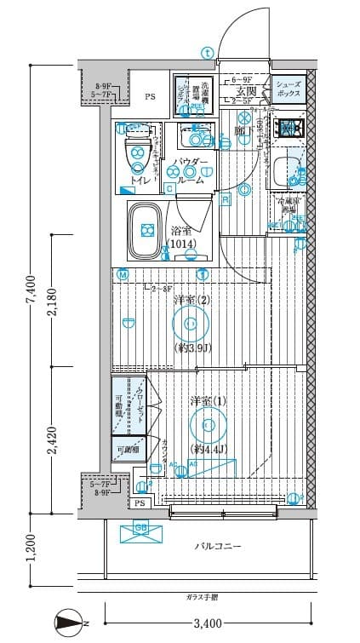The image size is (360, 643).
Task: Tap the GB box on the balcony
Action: click(141, 531)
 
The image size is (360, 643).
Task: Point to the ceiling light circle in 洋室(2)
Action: click(190, 323)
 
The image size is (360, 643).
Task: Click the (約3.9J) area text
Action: click(192, 349)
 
